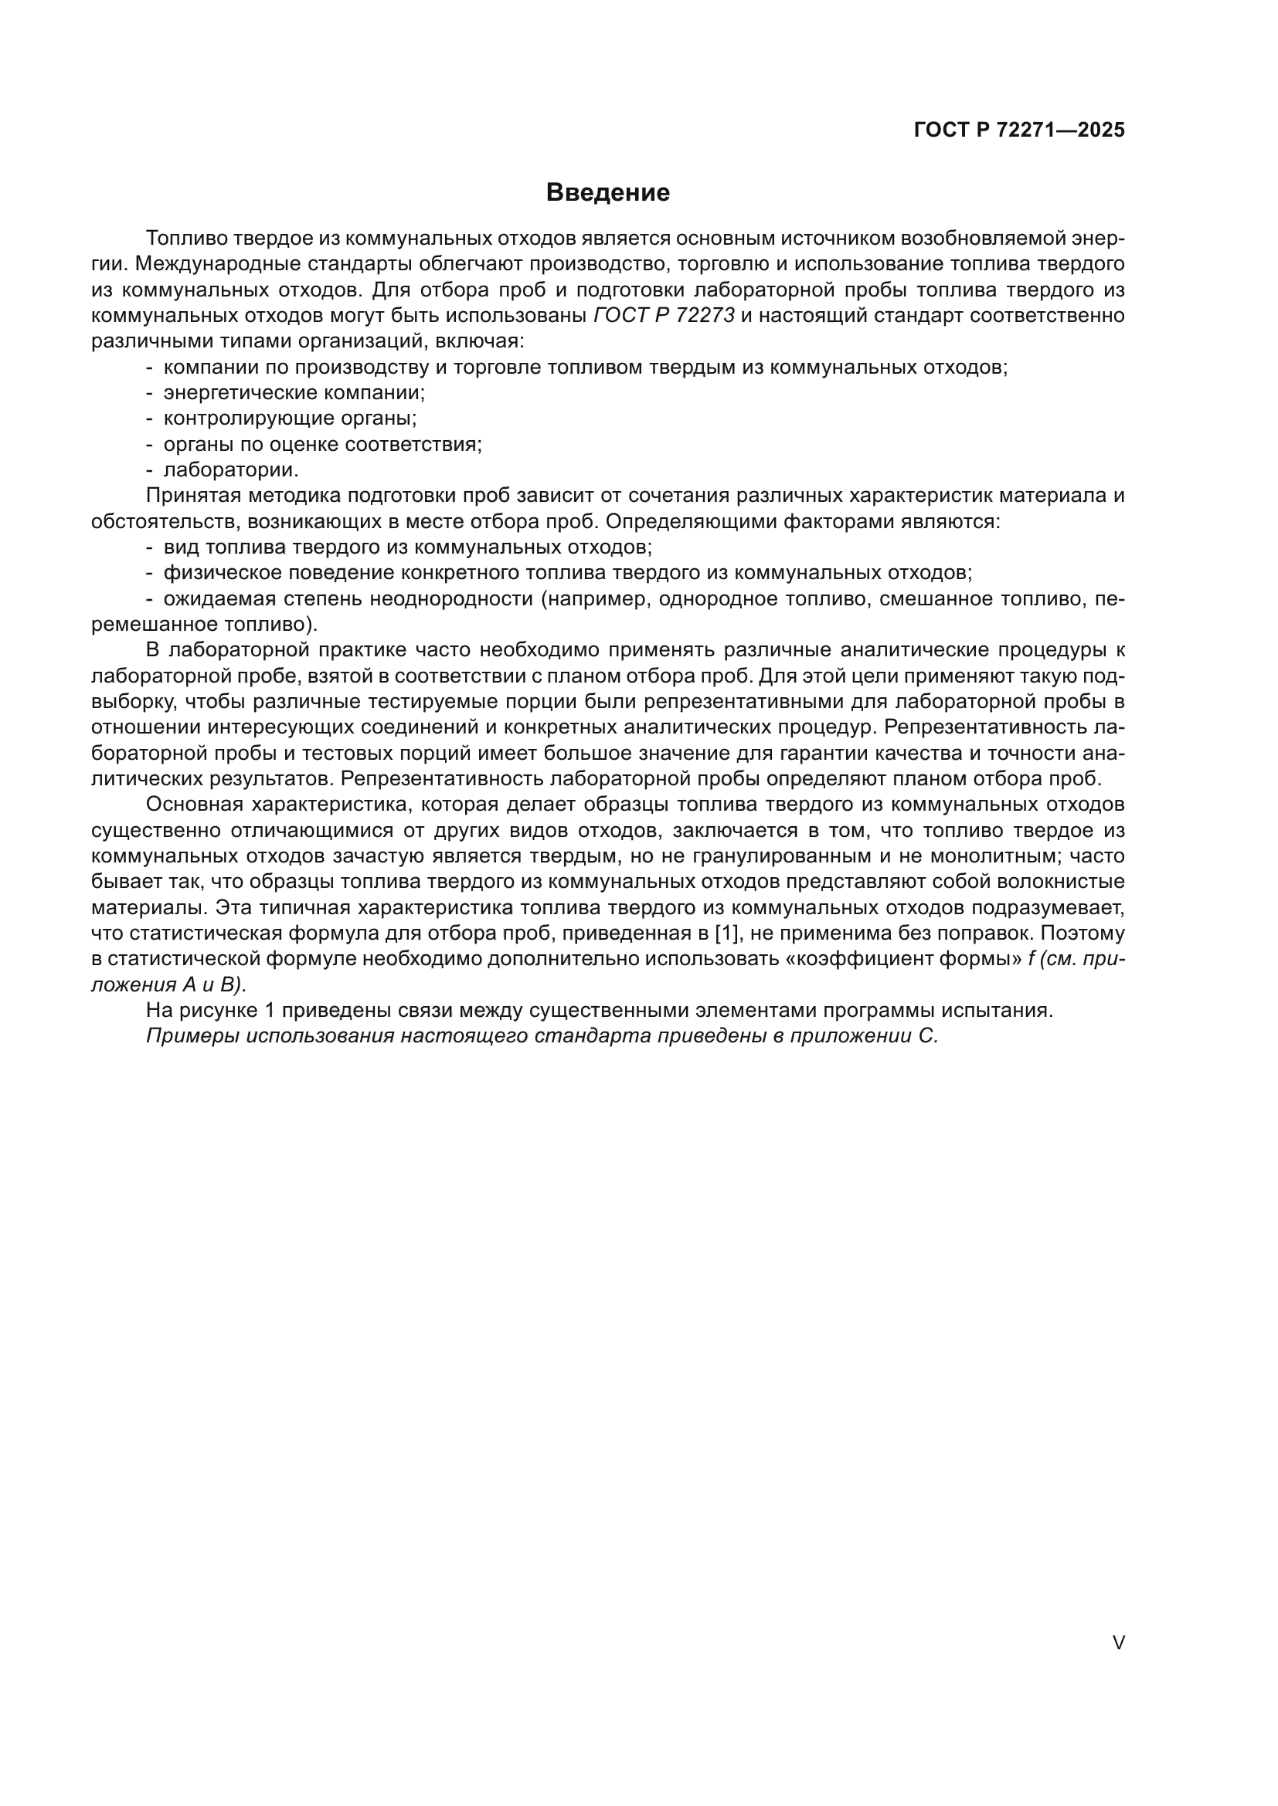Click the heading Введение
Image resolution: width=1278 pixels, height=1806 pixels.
[x=607, y=193]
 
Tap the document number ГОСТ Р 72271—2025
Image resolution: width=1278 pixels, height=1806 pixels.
[x=1019, y=130]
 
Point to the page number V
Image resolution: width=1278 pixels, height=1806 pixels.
[x=1118, y=1642]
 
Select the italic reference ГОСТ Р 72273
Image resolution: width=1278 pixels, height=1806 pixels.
[x=664, y=317]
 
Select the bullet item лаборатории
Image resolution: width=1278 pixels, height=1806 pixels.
[x=230, y=470]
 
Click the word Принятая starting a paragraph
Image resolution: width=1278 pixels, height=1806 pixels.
[x=193, y=496]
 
